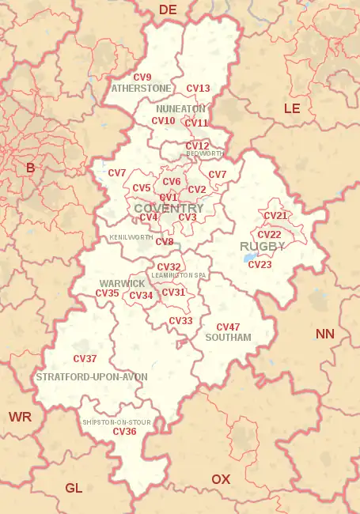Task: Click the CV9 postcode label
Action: [142, 77]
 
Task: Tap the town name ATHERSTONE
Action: [142, 88]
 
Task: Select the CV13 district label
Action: [198, 89]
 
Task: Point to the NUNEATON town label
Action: [181, 108]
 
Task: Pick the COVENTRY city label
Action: [169, 208]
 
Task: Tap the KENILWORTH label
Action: [131, 237]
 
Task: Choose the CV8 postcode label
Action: [165, 242]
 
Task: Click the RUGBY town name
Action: [263, 247]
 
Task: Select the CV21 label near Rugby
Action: [275, 216]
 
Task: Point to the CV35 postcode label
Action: [107, 293]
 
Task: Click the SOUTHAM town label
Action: [228, 338]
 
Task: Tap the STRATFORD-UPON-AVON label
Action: [92, 377]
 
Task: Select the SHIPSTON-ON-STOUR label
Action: [116, 422]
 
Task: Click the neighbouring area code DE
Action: [168, 9]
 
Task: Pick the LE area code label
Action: [292, 108]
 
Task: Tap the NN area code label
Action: [325, 334]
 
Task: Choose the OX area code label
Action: [221, 479]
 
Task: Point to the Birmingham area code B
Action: [31, 168]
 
